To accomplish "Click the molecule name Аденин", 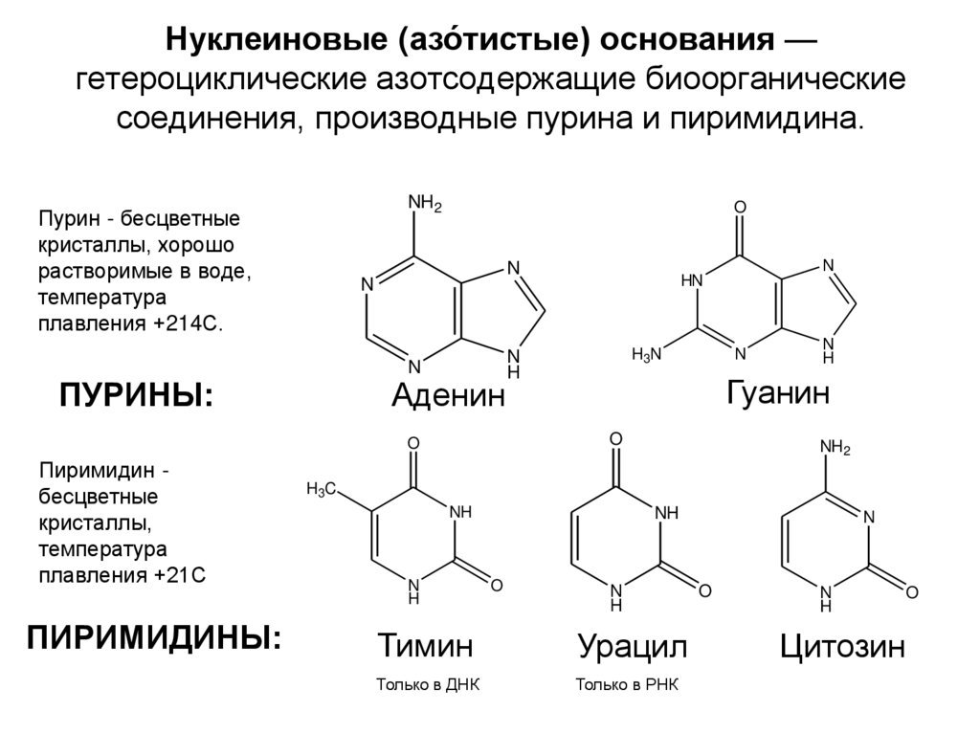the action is (x=447, y=396).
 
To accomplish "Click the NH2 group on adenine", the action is (x=425, y=203).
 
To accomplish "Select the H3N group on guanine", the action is (x=646, y=355).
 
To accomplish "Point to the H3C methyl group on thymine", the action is (x=320, y=489).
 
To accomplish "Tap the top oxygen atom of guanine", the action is (x=739, y=207).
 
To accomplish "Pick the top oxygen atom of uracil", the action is (x=615, y=438).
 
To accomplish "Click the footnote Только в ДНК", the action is (x=427, y=686).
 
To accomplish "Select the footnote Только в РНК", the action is (x=628, y=686).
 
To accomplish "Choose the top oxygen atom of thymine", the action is (x=413, y=444).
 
